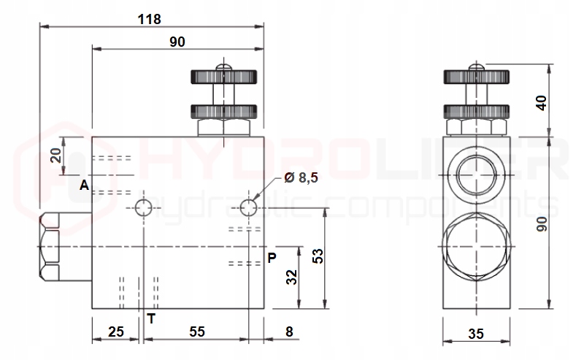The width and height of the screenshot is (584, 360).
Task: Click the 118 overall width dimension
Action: (150, 19)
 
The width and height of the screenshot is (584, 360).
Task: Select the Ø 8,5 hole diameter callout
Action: (301, 177)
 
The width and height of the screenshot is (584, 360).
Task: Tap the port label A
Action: (85, 185)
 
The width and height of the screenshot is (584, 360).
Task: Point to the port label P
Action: (272, 258)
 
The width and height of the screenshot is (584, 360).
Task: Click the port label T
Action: (151, 318)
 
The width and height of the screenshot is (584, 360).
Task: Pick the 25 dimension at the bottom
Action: (116, 332)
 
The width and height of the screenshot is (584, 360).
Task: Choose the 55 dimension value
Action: (196, 332)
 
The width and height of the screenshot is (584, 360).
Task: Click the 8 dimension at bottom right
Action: (289, 332)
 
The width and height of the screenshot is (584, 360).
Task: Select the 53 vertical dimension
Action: (318, 256)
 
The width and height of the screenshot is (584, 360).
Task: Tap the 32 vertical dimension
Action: (291, 277)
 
